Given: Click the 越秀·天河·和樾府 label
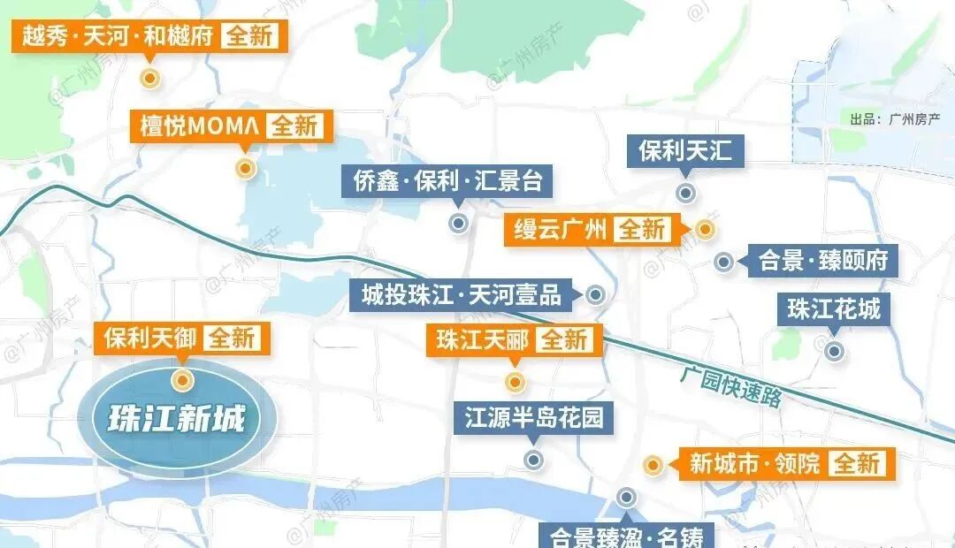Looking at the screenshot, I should tap(116, 36).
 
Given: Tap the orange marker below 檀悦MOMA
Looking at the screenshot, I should tap(246, 168).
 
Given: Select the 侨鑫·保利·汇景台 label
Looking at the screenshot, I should tap(446, 182).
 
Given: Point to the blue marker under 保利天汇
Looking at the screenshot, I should tap(684, 193).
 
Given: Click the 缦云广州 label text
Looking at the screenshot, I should tap(562, 229).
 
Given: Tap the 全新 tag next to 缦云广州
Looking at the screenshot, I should tap(642, 229).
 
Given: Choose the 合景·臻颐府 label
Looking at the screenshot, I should tap(822, 261).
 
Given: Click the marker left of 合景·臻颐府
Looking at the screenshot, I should tap(723, 261).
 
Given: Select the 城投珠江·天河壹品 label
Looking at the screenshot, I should tap(463, 294).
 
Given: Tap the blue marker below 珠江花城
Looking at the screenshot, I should tap(833, 351).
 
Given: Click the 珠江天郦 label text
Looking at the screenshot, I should tap(481, 340).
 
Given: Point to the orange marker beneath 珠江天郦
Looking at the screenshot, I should tap(515, 382).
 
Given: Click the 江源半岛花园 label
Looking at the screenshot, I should tap(533, 417).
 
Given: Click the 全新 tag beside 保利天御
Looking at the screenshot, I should tap(233, 338).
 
